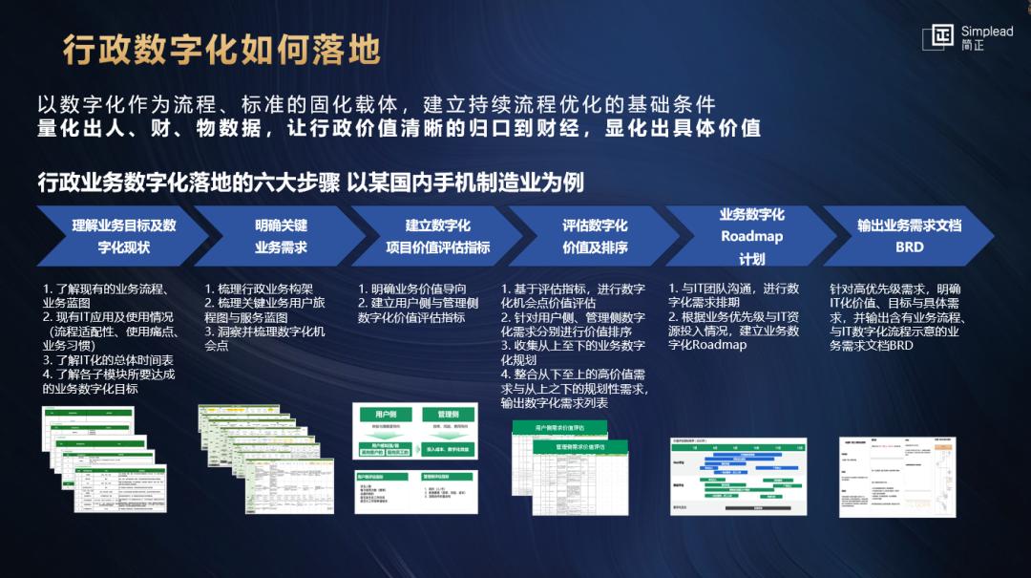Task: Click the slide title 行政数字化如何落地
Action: point(221,49)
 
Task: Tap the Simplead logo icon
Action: point(939,37)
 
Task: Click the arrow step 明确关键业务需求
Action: point(278,236)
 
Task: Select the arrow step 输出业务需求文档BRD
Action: point(908,236)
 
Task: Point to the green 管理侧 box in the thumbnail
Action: point(449,415)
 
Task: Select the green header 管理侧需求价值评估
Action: point(580,447)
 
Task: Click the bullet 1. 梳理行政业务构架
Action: point(259,289)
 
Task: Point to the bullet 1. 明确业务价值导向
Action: point(412,289)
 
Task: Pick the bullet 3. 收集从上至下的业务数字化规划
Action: point(573,353)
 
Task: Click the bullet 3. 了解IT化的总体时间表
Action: point(108,360)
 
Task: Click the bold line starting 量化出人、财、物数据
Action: point(398,128)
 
